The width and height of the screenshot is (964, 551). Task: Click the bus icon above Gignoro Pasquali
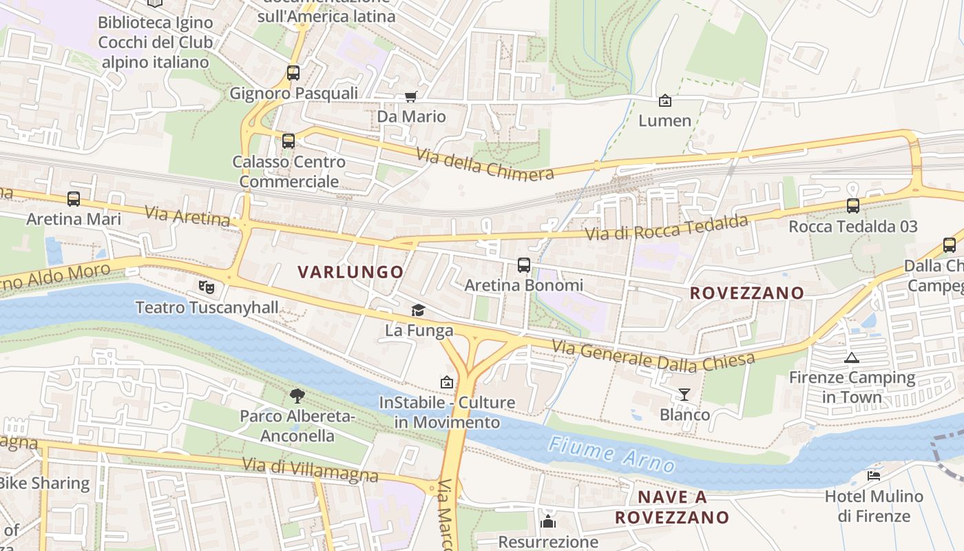coord(293,72)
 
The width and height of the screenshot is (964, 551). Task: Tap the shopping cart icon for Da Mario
coord(411,97)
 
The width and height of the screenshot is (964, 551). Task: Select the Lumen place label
coord(664,121)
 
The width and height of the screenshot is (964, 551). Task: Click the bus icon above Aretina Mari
coord(74,199)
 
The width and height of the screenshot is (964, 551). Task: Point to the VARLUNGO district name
coord(350,272)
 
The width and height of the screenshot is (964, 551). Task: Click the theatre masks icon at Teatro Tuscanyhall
coord(206,286)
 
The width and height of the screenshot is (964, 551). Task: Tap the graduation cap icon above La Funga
coord(418,310)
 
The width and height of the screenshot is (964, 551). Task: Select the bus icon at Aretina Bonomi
coord(524,264)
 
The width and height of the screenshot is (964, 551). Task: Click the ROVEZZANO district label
coord(747,293)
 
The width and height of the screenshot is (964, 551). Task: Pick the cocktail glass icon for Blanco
coord(684,394)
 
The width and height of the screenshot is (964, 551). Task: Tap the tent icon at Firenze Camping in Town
coord(852,357)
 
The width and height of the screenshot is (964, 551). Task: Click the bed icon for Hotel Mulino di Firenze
coord(874,475)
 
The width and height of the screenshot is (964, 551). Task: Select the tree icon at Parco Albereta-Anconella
coord(297,395)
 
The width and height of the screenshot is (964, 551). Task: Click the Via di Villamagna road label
coord(310,470)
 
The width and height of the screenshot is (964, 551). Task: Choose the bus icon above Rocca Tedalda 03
coord(853,205)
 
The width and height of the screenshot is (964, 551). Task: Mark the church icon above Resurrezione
coord(548,521)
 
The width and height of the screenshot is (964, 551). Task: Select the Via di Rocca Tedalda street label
coord(666,228)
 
